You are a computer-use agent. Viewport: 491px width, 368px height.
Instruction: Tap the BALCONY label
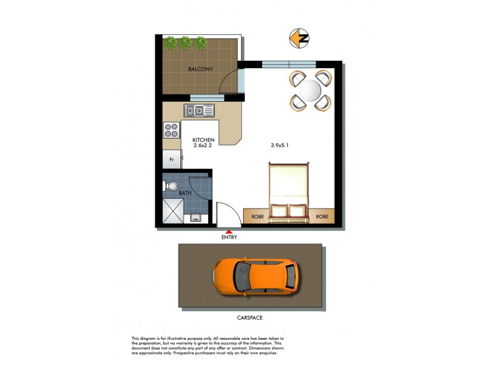[x=200, y=69]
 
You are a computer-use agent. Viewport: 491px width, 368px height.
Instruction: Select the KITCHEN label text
[x=203, y=140]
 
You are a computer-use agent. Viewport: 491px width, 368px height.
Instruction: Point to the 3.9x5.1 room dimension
[x=279, y=146]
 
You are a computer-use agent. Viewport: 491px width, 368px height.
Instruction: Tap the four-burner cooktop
[x=171, y=130]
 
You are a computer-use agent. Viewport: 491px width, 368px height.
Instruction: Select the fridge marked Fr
[x=172, y=159]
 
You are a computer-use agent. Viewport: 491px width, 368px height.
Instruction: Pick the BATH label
[x=185, y=194]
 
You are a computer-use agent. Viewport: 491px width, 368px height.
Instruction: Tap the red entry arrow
[x=228, y=229]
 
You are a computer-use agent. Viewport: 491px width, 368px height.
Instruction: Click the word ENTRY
[x=228, y=237]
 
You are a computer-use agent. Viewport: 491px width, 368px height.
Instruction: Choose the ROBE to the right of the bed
[x=322, y=217]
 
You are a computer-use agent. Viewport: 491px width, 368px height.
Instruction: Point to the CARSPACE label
[x=250, y=318]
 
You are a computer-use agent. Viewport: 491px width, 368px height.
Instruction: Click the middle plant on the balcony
[x=184, y=43]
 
